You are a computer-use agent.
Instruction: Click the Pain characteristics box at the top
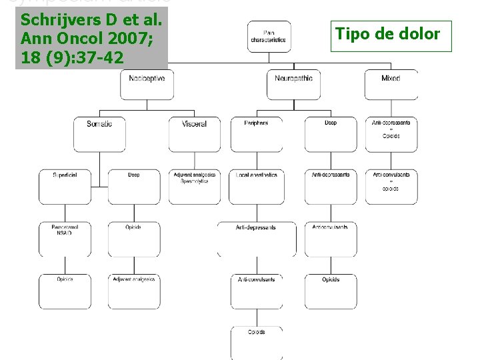click(269, 37)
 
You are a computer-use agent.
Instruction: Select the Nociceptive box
click(147, 85)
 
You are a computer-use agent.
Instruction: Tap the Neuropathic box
click(293, 85)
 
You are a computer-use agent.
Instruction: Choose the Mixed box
click(391, 85)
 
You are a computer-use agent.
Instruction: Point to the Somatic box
click(99, 133)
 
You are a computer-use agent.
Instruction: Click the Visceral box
click(194, 133)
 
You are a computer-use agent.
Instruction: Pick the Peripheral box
click(257, 133)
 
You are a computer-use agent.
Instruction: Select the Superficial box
click(65, 185)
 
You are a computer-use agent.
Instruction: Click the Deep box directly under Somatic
click(133, 185)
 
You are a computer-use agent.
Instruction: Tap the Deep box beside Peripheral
click(331, 133)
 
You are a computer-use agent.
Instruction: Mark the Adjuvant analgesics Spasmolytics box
click(194, 185)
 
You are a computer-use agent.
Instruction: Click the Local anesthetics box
click(257, 185)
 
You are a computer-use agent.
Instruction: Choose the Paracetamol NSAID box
click(65, 238)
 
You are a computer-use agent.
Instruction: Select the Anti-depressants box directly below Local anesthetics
click(257, 238)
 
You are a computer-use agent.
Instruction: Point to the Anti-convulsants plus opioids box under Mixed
click(391, 185)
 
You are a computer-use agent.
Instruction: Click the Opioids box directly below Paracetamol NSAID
click(65, 291)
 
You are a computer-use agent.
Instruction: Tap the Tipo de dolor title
click(387, 34)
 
